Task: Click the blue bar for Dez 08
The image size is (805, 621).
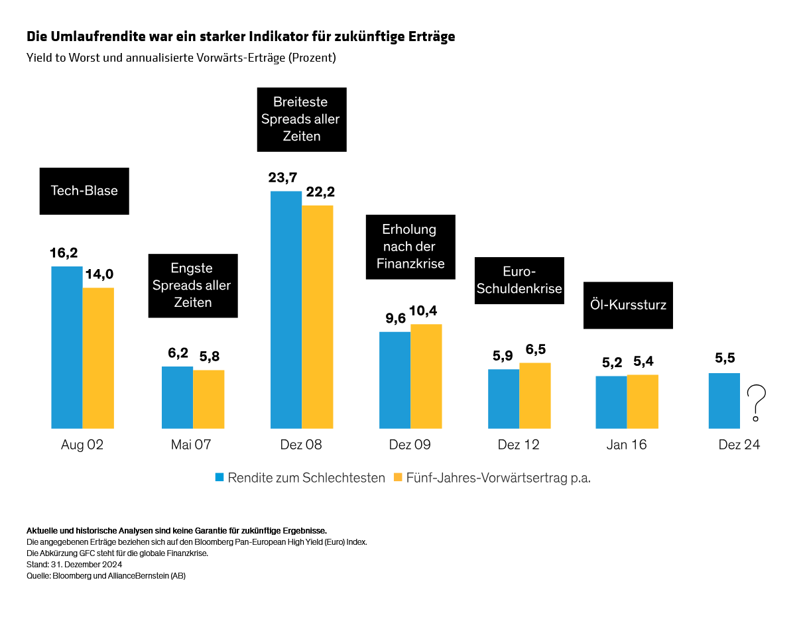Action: click(286, 310)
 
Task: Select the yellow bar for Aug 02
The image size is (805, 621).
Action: click(98, 358)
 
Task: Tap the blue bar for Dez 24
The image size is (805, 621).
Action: click(724, 401)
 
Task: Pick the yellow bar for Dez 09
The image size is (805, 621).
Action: click(426, 376)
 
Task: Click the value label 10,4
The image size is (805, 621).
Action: click(426, 310)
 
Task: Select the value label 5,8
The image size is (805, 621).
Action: click(209, 356)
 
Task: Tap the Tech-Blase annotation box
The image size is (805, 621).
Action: click(84, 191)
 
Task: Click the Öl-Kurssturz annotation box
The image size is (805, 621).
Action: click(628, 306)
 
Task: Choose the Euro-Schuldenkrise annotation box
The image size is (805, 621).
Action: click(519, 280)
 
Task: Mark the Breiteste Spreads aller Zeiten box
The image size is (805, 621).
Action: click(301, 119)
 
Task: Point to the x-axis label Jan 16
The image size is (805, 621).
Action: click(626, 445)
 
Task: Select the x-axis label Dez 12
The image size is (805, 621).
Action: click(519, 445)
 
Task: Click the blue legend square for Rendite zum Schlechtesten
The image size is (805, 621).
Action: click(219, 477)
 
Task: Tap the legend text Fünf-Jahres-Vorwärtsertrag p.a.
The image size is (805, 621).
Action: click(498, 478)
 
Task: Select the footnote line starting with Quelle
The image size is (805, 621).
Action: click(106, 576)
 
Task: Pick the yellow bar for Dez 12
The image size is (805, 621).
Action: click(534, 395)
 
